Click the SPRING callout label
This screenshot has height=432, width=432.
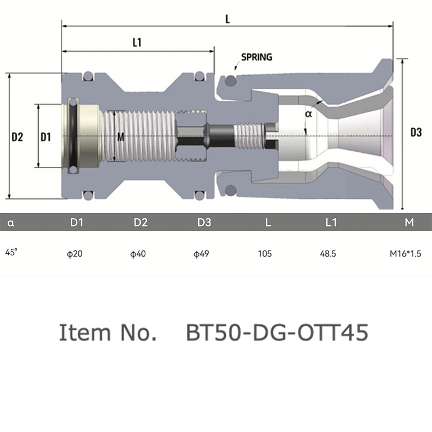pos(256,57)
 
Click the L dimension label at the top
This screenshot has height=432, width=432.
pos(227,19)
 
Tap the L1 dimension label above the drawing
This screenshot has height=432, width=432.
pos(137,43)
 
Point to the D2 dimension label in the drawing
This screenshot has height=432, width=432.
pos(17,137)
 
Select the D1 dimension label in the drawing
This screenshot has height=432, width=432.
pos(46,137)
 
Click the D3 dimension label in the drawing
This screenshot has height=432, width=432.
pos(416,132)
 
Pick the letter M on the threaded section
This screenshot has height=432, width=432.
pos(120,137)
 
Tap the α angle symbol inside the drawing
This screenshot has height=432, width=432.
pos(308,114)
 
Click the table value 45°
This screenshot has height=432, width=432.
pos(11,252)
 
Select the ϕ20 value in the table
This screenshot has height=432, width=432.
pos(75,253)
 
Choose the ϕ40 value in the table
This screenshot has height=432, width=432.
pos(138,253)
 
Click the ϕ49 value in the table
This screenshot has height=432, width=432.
pos(201,253)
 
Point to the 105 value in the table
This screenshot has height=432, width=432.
pos(265,253)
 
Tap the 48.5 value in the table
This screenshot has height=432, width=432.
pos(328,253)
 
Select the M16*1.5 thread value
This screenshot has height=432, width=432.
pos(406,253)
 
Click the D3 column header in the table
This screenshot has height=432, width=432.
pos(204,222)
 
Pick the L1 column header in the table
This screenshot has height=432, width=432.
pos(331,222)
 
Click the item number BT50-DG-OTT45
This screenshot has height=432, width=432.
pos(277,332)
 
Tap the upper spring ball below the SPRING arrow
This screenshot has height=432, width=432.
pos(231,80)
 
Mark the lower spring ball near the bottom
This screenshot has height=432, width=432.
pos(231,190)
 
